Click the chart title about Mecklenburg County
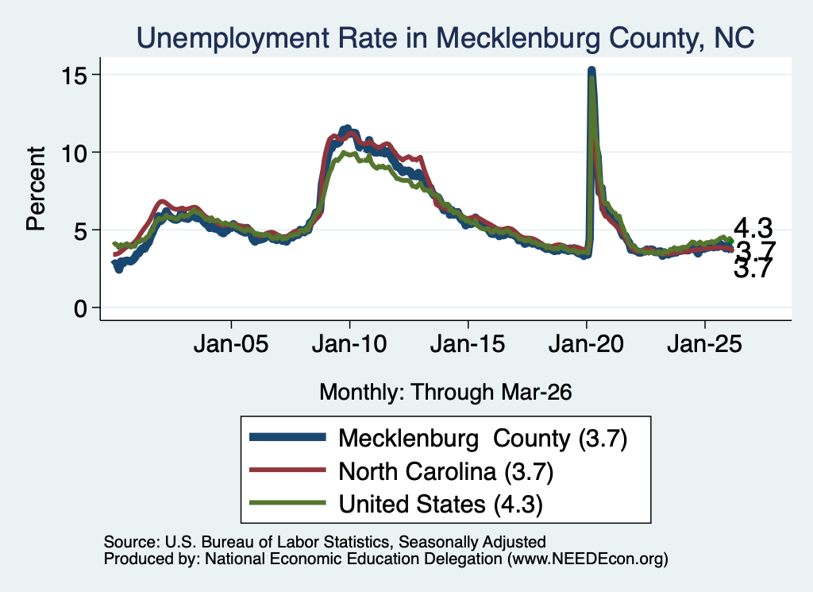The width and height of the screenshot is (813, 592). pyautogui.click(x=445, y=38)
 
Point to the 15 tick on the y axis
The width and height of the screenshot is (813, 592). pyautogui.click(x=75, y=77)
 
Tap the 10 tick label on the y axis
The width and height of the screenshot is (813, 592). pyautogui.click(x=75, y=154)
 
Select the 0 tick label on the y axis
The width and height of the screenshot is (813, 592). pyautogui.click(x=81, y=309)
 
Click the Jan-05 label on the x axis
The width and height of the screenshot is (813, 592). pyautogui.click(x=231, y=344)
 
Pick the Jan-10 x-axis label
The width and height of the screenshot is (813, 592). pyautogui.click(x=349, y=344)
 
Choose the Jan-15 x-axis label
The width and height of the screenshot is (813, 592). pyautogui.click(x=468, y=344)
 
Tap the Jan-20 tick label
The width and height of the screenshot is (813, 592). pyautogui.click(x=586, y=344)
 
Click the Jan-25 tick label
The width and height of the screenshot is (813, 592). pyautogui.click(x=705, y=344)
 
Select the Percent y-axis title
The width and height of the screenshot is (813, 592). pyautogui.click(x=36, y=188)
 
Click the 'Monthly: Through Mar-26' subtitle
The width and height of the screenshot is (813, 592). pyautogui.click(x=445, y=392)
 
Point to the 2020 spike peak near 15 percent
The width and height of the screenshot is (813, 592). pyautogui.click(x=591, y=69)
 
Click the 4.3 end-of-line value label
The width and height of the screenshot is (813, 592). pyautogui.click(x=753, y=228)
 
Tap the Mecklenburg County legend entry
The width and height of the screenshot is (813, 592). pyautogui.click(x=483, y=439)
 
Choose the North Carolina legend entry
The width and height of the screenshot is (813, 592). pyautogui.click(x=446, y=472)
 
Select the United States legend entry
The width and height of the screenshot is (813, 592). pyautogui.click(x=441, y=505)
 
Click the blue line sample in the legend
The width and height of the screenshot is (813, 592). pyautogui.click(x=287, y=437)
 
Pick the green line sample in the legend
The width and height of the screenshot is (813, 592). pyautogui.click(x=287, y=502)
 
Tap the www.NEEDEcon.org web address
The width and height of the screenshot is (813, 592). pyautogui.click(x=588, y=559)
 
